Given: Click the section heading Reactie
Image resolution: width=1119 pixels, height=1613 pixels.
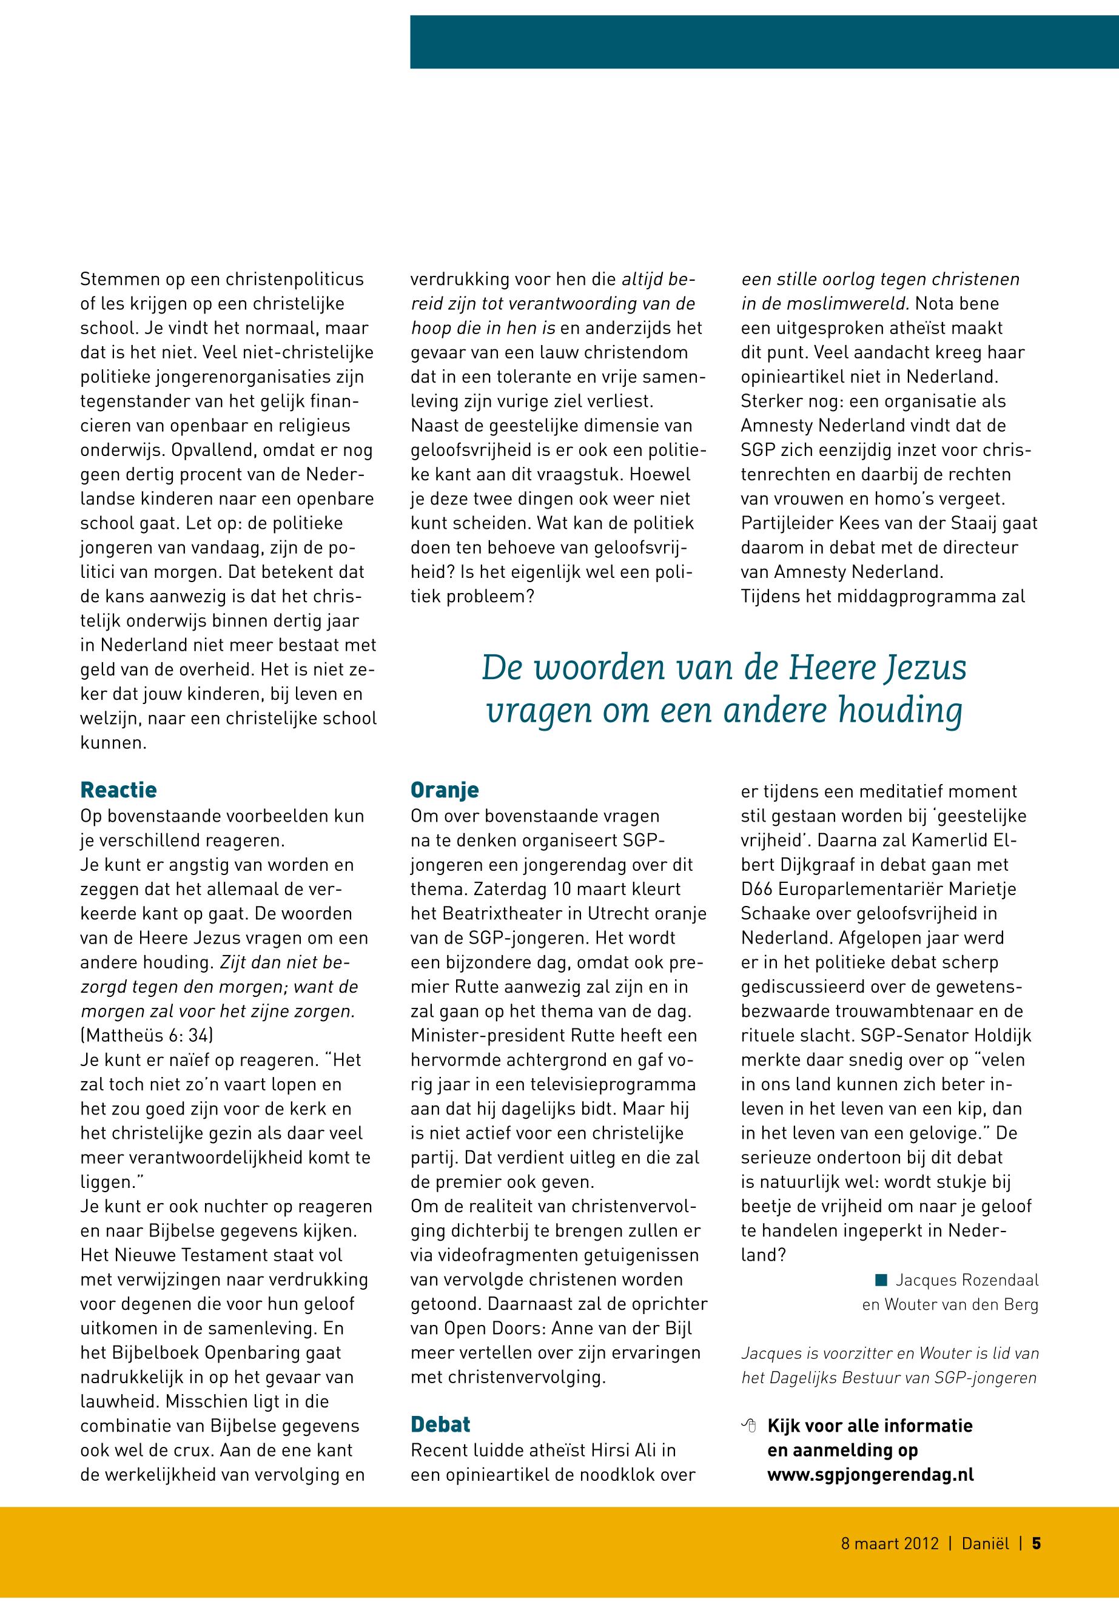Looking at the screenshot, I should tap(118, 790).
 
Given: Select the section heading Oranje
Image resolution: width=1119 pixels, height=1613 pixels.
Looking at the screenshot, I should tap(445, 790).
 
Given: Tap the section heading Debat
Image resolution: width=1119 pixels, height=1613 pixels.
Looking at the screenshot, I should tap(440, 1424).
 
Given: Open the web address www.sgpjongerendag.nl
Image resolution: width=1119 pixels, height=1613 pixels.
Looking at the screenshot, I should tap(870, 1474).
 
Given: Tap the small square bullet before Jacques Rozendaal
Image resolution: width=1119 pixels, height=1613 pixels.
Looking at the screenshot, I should tap(881, 1281).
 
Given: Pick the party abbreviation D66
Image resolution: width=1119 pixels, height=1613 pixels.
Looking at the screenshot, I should tap(756, 889).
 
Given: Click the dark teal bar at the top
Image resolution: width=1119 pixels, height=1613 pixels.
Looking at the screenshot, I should tap(764, 42).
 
